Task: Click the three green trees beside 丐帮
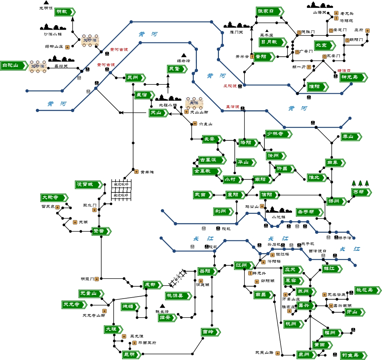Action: pyautogui.click(x=360, y=183)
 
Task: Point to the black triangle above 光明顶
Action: pyautogui.click(x=46, y=2)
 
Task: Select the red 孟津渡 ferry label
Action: pyautogui.click(x=232, y=107)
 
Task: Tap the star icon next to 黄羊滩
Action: pyautogui.click(x=136, y=171)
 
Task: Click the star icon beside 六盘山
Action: pyautogui.click(x=195, y=123)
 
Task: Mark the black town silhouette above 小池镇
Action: pyautogui.click(x=279, y=210)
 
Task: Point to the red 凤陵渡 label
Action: pyautogui.click(x=230, y=86)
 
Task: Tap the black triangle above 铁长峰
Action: pyautogui.click(x=162, y=306)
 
